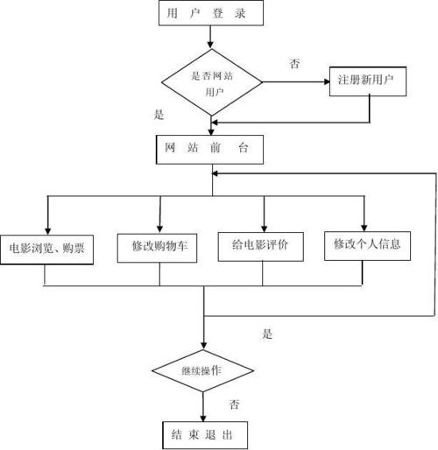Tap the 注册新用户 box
point(365,81)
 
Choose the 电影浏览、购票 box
point(47,245)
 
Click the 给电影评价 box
point(263,245)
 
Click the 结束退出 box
point(203,432)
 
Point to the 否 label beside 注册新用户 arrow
point(294,63)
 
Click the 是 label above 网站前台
point(159,114)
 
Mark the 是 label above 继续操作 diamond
point(268,334)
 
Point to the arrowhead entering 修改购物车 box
point(159,226)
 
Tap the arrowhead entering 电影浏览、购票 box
point(47,226)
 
